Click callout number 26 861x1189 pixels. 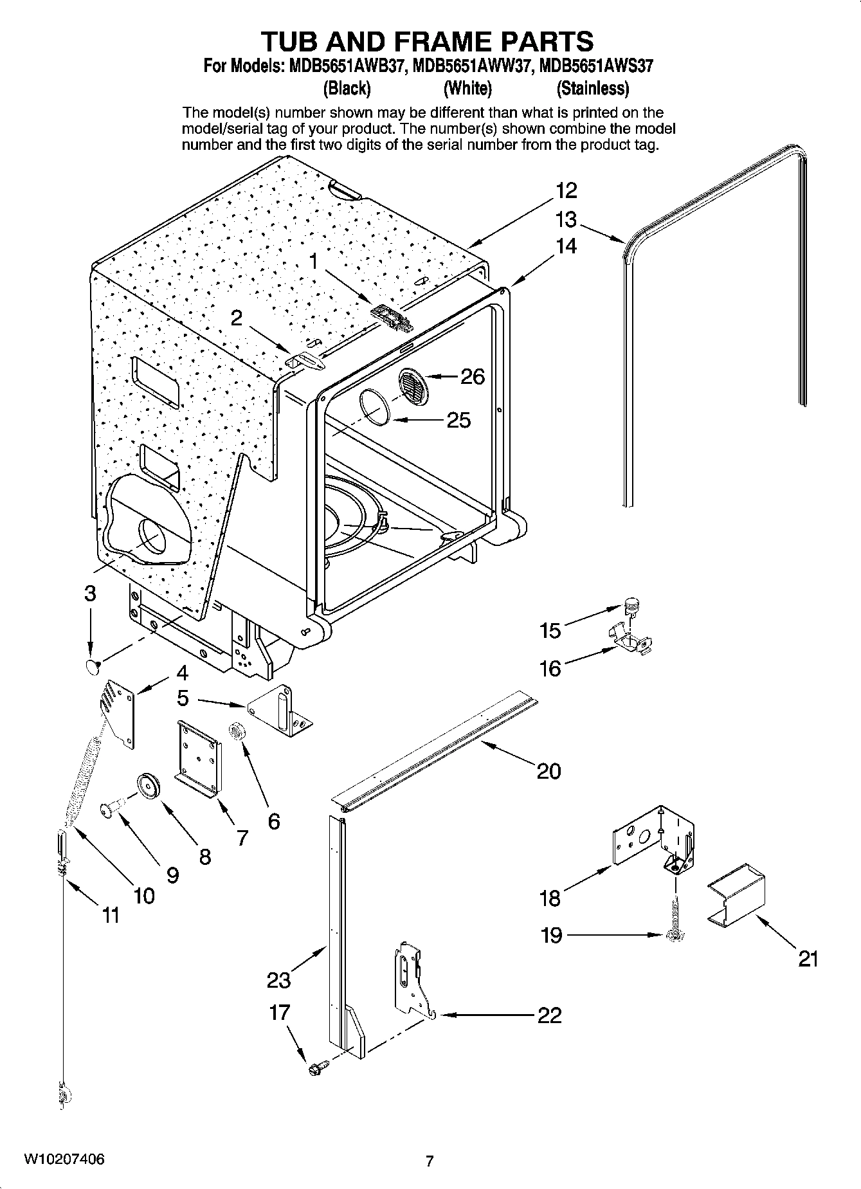tap(473, 376)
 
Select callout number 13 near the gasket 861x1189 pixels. tap(566, 220)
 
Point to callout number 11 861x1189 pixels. tap(111, 914)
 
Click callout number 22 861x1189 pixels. tap(550, 1015)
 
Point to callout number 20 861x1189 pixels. tap(548, 770)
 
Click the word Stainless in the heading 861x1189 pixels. tap(592, 87)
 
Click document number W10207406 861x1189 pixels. tap(64, 1159)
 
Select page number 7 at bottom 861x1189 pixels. tap(430, 1161)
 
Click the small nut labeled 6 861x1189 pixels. tap(236, 731)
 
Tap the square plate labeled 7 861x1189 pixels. tap(199, 759)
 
